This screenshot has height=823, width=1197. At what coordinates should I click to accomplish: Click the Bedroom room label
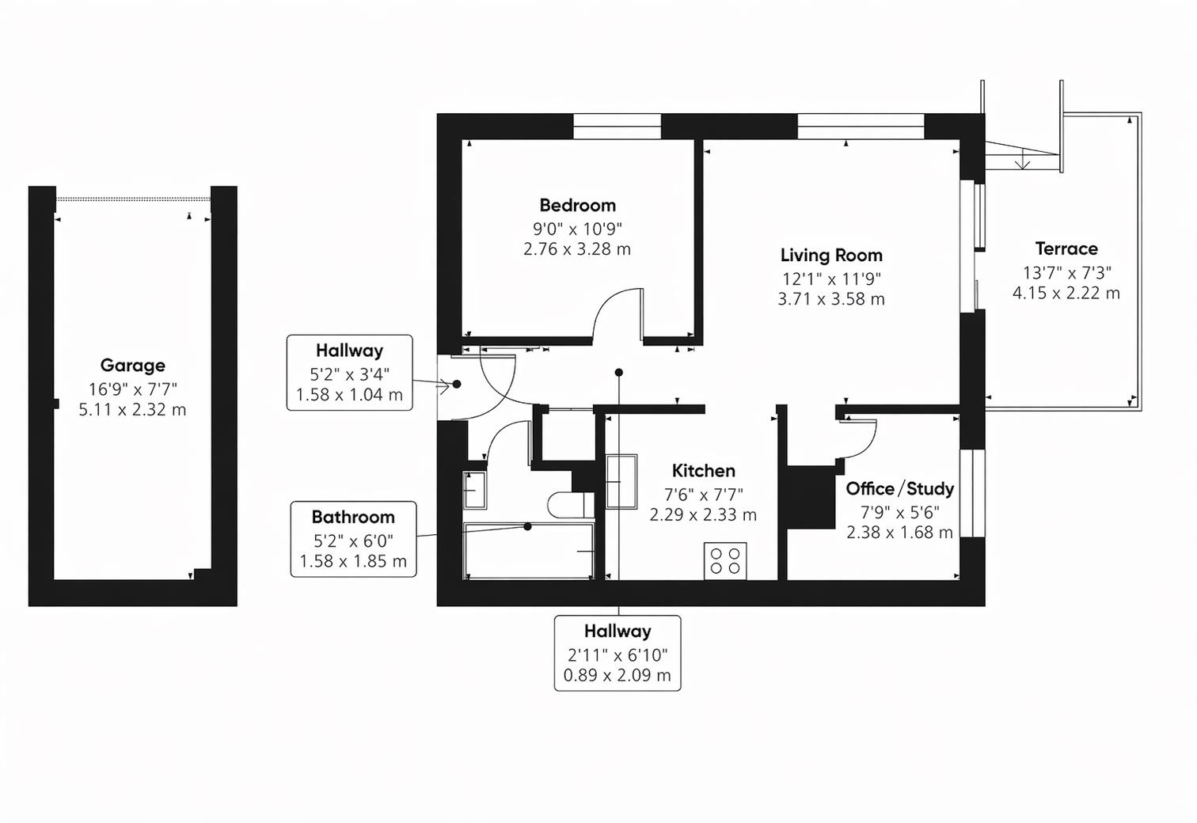coord(577,205)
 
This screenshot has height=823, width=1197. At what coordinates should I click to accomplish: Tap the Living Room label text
coord(830,255)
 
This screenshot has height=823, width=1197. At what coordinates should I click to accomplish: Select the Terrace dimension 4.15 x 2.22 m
coord(1066,293)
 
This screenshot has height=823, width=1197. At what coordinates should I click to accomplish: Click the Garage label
coord(132,365)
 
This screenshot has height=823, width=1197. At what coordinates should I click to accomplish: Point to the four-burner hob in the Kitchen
coord(725,561)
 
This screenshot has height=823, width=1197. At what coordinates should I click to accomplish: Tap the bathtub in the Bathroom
coord(529,551)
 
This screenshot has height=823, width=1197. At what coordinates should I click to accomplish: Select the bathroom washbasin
coord(474,490)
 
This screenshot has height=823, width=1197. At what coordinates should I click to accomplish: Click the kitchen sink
coord(621,481)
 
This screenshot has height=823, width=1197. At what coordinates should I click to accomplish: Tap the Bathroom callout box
coord(353,539)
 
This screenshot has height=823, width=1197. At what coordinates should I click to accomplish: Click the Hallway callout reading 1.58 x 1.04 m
coord(349,373)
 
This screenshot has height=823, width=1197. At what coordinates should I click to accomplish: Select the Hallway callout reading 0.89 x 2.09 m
coord(617,653)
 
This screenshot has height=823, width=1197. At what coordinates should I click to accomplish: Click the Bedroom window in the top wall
coord(617,127)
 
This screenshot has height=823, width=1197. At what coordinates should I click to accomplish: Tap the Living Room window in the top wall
coord(861,127)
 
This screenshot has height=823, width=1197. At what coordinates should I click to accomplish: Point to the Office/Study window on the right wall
coord(972,494)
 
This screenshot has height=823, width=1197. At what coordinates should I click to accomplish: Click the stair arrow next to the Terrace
coord(1022,158)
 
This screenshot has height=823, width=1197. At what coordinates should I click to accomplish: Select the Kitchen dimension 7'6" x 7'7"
coord(703,495)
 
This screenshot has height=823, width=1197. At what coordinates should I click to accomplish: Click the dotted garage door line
coord(133,199)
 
